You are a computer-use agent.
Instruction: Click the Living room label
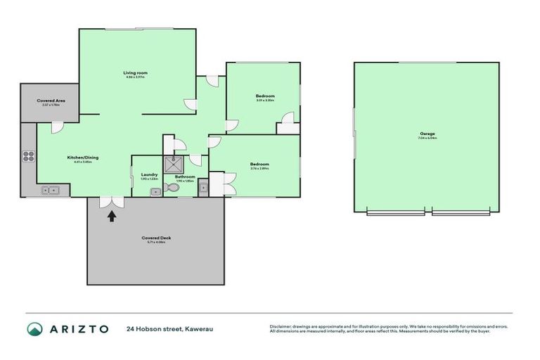tap(135, 73)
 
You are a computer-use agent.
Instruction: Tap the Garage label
tap(427, 134)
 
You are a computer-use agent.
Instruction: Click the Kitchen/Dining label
tap(82, 157)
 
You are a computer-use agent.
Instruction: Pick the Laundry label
tap(148, 174)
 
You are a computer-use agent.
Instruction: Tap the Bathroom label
tap(184, 176)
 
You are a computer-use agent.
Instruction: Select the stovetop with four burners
tap(28, 157)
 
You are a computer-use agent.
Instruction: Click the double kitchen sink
tap(51, 190)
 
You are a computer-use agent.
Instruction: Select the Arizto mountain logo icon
tap(34, 328)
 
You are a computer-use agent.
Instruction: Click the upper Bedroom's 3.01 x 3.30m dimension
tap(264, 101)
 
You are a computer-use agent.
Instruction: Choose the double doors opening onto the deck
tap(110, 202)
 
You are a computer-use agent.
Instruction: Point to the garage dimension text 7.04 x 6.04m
tap(427, 139)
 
